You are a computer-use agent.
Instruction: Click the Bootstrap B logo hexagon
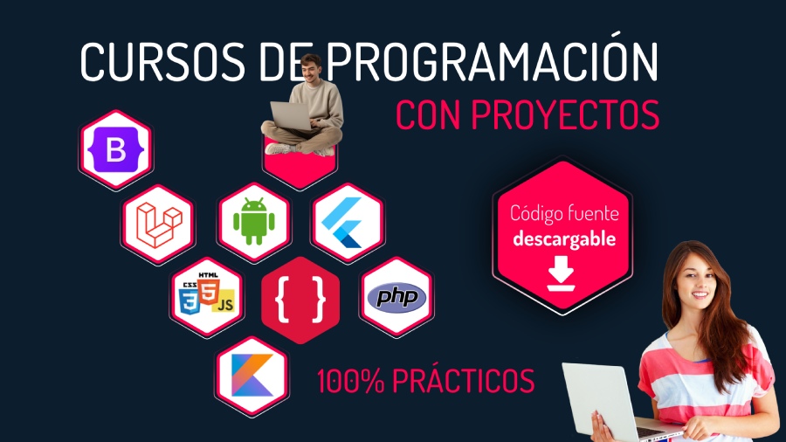tap(116, 151)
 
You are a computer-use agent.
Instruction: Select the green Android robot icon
tap(253, 223)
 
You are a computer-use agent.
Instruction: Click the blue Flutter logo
tap(348, 224)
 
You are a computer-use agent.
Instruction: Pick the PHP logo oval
tap(396, 297)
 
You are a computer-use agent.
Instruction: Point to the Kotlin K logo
tap(252, 373)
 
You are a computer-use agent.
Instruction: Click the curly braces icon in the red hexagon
tap(300, 300)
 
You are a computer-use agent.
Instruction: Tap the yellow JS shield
tap(225, 302)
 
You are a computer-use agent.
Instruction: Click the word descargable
tap(564, 238)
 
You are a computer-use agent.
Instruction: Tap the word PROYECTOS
tap(569, 115)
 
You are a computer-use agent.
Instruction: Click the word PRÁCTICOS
tap(462, 381)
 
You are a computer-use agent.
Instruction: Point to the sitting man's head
tap(310, 67)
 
